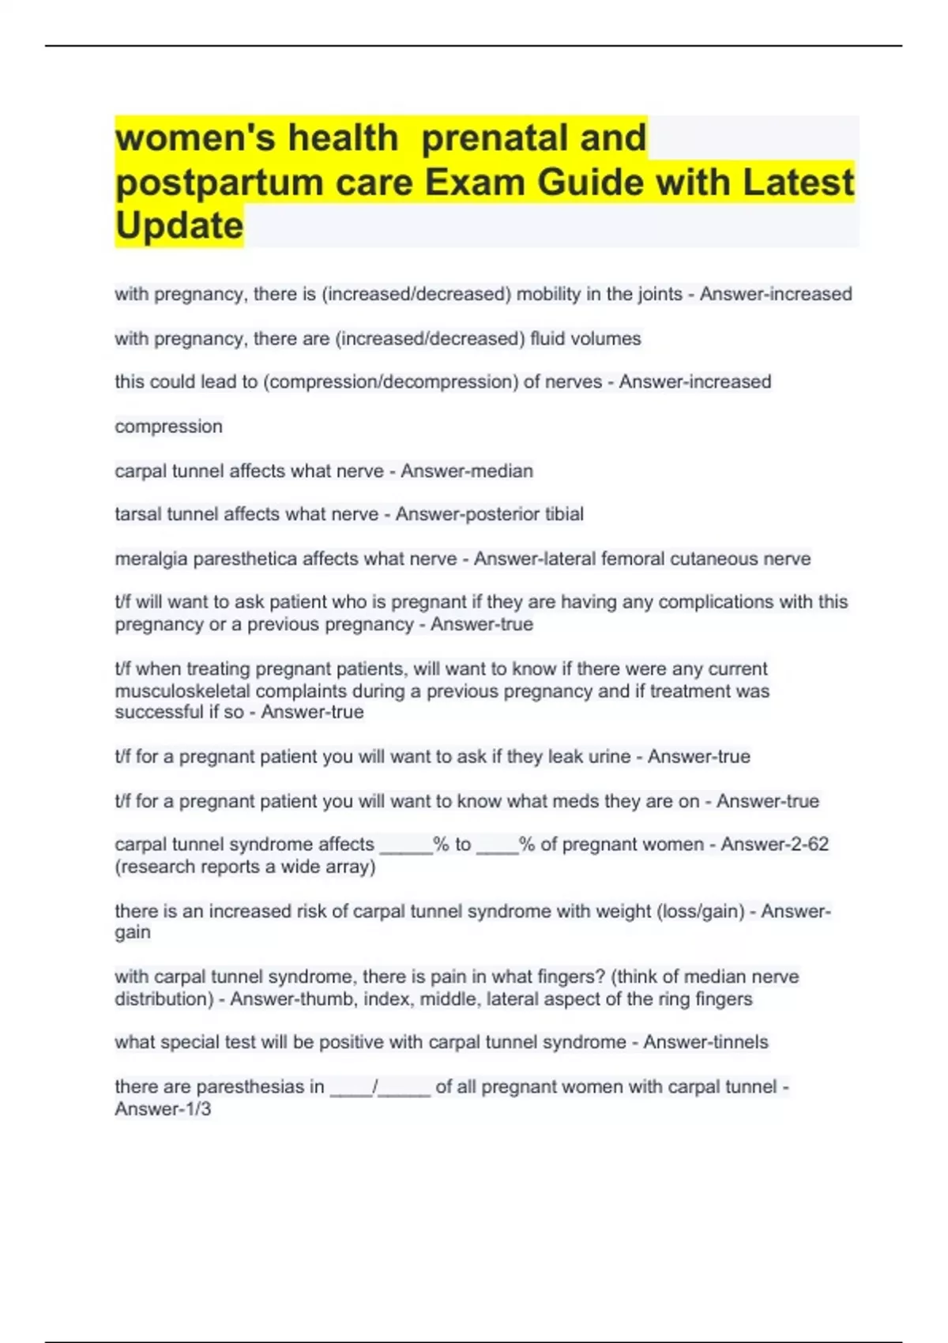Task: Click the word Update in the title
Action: tap(179, 226)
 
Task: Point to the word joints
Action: tap(651, 294)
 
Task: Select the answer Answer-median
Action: tap(467, 471)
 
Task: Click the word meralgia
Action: tap(151, 559)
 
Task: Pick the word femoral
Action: tap(637, 559)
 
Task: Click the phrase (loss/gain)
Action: tap(701, 912)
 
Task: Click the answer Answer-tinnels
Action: tap(705, 1042)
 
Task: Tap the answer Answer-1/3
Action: tap(163, 1109)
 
